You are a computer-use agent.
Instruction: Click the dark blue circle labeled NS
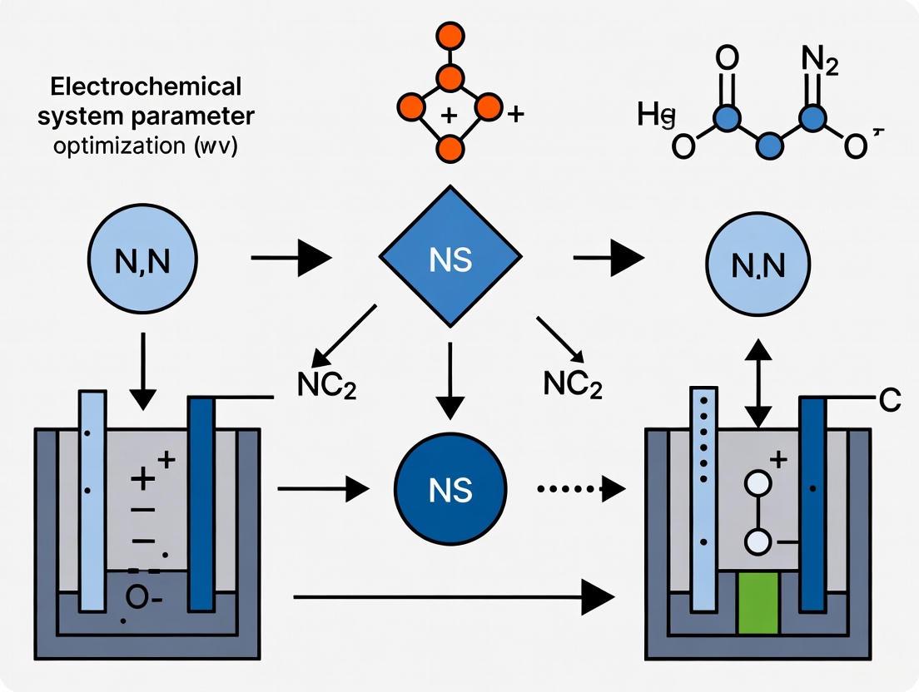pyautogui.click(x=450, y=490)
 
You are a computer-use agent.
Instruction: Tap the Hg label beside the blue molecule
pyautogui.click(x=655, y=116)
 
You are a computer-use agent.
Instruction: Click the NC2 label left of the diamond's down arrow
pyautogui.click(x=326, y=386)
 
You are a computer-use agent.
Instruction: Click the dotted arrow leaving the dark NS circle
pyautogui.click(x=580, y=490)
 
